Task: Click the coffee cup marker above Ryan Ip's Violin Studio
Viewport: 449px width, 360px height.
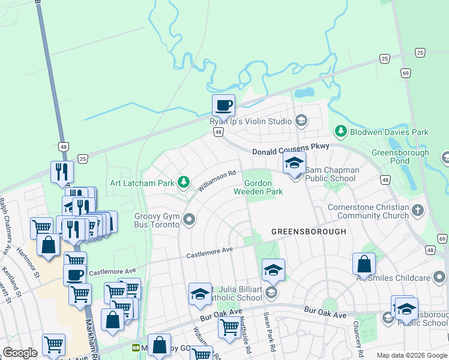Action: (223, 106)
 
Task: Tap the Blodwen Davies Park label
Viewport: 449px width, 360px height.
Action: (390, 131)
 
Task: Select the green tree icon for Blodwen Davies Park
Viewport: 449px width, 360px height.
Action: (341, 131)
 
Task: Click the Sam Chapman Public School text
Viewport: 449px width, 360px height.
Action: (332, 174)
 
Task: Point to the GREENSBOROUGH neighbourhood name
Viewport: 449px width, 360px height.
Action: (309, 231)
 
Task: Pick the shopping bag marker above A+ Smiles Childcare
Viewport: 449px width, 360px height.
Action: (364, 263)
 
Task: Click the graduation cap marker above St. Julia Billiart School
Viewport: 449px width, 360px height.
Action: (273, 270)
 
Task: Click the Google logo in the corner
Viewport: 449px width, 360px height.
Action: (19, 353)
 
